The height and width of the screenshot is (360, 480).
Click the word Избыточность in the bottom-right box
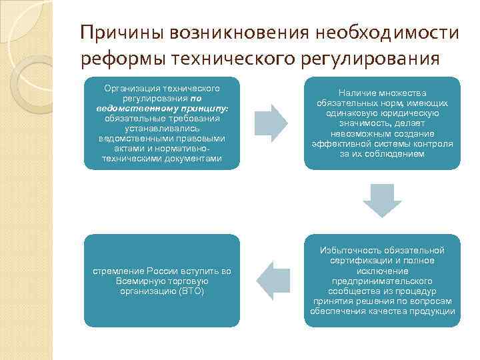click(347, 251)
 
